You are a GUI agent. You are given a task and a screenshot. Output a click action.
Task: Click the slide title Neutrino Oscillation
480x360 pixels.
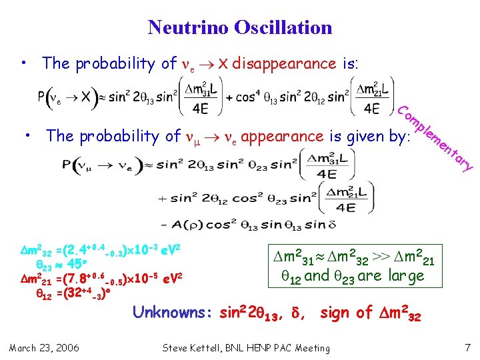(240, 27)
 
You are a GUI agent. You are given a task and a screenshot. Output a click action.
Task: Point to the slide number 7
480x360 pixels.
(467, 347)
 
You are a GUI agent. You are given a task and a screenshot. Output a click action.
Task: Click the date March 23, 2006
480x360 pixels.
(43, 347)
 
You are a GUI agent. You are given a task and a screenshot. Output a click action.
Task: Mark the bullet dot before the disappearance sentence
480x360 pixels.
(23, 63)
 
